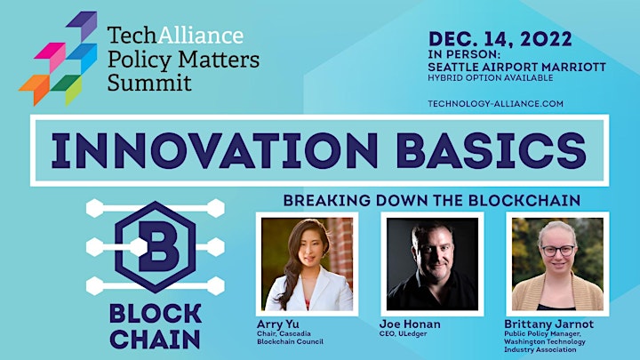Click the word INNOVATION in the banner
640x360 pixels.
(x=214, y=150)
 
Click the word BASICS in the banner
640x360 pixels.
(x=491, y=150)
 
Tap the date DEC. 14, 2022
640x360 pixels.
(x=500, y=39)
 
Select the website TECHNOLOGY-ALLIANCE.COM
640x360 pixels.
(x=495, y=104)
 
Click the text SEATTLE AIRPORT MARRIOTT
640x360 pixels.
(x=516, y=67)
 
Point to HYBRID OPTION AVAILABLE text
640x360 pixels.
(x=490, y=77)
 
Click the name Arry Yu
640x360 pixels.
(x=278, y=324)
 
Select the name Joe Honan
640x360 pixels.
(x=410, y=324)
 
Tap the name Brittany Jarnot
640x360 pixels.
(x=548, y=324)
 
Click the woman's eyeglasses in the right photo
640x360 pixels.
(x=558, y=250)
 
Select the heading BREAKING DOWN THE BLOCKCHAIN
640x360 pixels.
(x=432, y=200)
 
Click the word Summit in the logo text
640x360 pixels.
(x=149, y=83)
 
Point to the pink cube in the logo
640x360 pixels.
(x=51, y=56)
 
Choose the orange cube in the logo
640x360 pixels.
(x=35, y=88)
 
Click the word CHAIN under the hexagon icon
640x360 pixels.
(x=155, y=340)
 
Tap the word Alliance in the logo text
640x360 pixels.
(x=200, y=35)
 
